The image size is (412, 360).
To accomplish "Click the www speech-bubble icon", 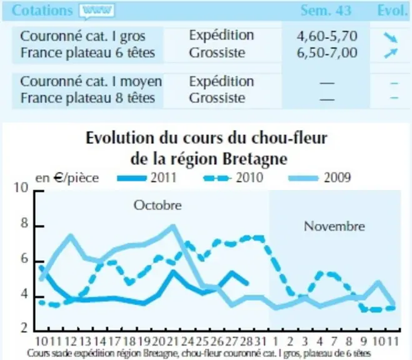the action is [97, 11].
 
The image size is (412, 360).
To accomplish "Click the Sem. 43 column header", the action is [326, 11].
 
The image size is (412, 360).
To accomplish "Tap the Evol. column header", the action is [392, 11].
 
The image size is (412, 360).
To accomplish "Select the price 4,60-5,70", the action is [327, 36].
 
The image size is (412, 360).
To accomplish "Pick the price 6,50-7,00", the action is [327, 52].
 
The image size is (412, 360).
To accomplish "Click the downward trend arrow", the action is [391, 37].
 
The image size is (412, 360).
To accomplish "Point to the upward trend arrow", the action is [391, 53].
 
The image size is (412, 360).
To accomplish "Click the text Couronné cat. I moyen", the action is [91, 81].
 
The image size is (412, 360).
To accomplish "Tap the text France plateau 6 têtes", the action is [88, 52].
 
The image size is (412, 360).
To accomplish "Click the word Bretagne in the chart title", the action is [255, 159].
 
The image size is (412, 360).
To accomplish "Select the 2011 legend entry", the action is [147, 177].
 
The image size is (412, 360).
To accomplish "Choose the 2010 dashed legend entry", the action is [233, 177].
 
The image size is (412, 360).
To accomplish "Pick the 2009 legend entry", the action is [319, 177].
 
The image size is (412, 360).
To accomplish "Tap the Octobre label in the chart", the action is [158, 205].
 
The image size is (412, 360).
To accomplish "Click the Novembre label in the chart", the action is [334, 226].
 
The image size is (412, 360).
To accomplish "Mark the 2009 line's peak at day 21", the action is [173, 226].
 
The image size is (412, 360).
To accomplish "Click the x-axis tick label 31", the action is [261, 342].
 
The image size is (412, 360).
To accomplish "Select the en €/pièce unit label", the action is [67, 178].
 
